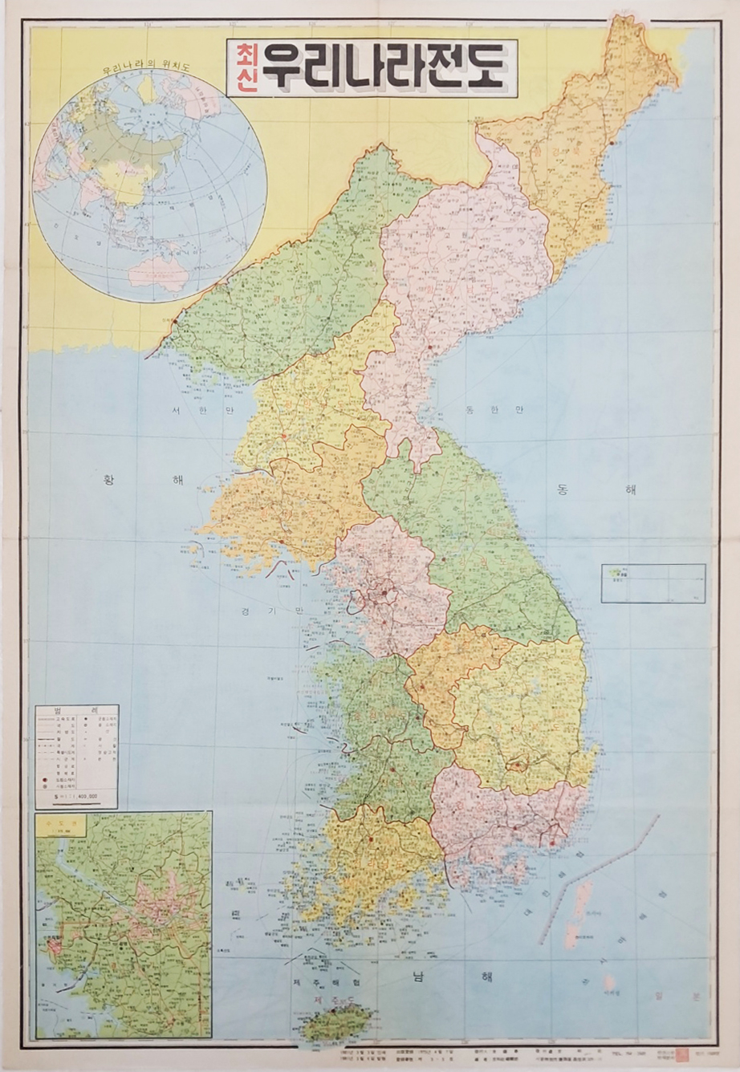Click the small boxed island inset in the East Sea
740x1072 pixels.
click(653, 583)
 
